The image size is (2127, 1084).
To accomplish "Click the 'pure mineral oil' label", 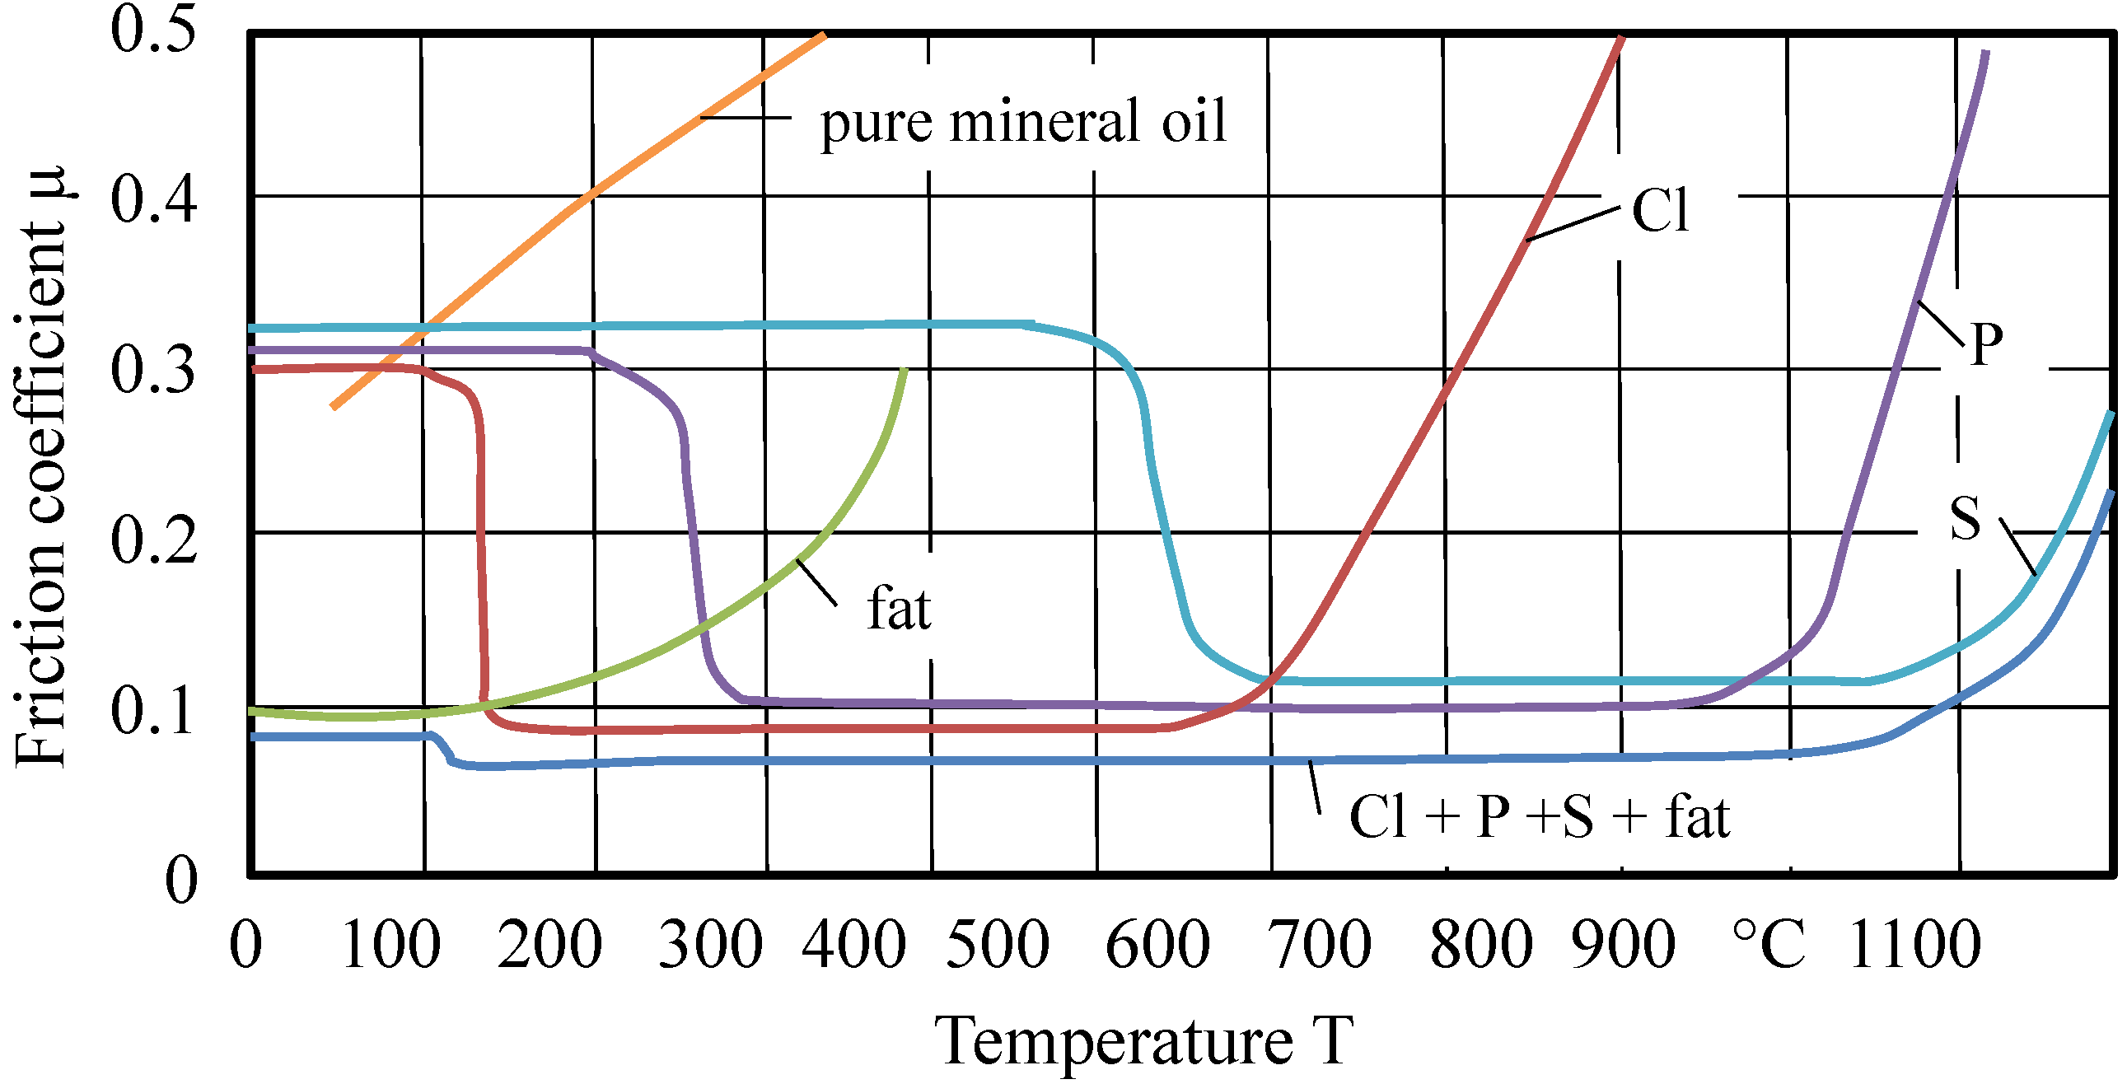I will tap(1022, 123).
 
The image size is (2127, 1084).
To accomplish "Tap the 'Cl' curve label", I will tap(1661, 210).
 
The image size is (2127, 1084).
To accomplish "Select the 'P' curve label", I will tap(1986, 343).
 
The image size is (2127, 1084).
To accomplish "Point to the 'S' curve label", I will tap(1966, 518).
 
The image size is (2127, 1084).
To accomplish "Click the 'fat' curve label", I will tap(899, 610).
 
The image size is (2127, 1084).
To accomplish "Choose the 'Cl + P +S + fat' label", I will tap(1538, 817).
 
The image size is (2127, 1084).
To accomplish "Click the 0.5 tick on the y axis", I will tap(153, 30).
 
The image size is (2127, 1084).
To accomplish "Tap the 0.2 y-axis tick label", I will tap(153, 540).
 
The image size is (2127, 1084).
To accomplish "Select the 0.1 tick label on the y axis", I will tap(153, 712).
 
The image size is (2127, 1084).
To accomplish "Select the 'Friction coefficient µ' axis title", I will tap(41, 466).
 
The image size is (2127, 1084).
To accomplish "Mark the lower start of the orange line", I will tap(333, 406).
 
